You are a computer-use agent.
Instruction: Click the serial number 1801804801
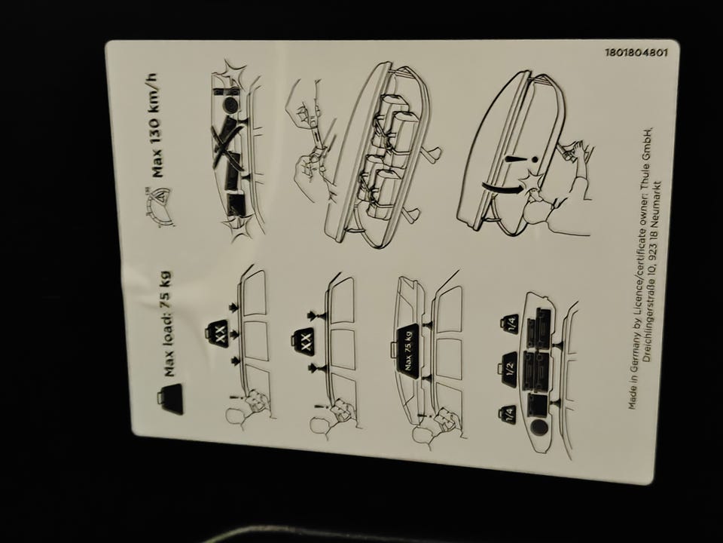[x=636, y=52]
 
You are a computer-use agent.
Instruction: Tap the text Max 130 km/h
[x=157, y=126]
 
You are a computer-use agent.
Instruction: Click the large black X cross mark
[x=227, y=140]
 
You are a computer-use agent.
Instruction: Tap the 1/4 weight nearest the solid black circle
[x=508, y=415]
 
